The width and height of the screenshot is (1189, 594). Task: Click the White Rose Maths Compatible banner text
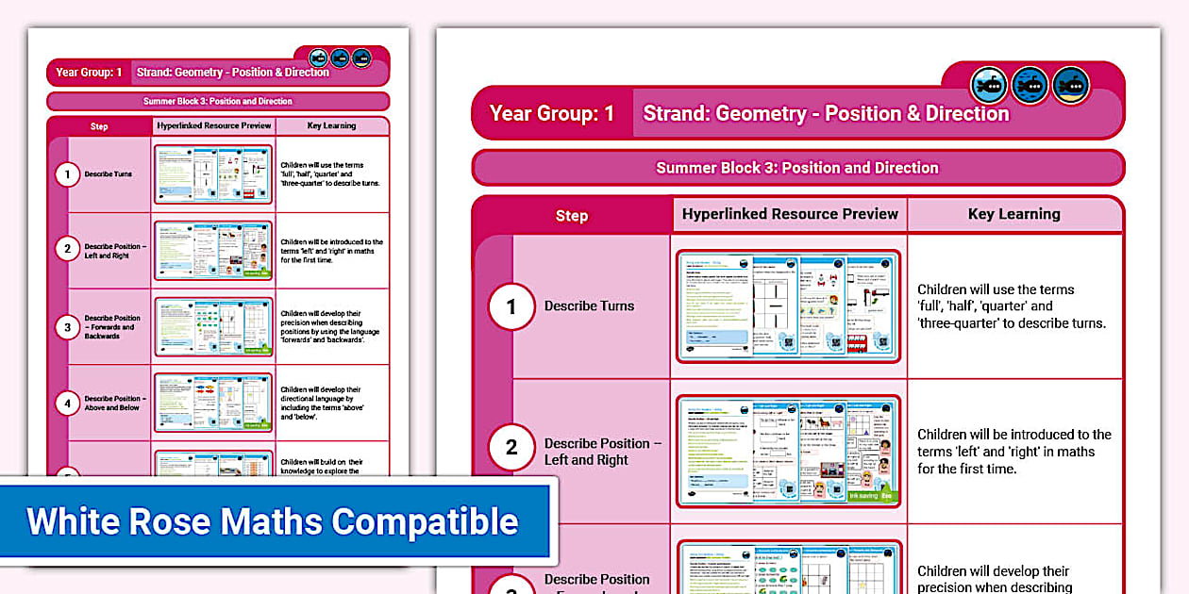[272, 521]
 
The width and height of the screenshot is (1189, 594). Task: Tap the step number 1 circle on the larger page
[511, 306]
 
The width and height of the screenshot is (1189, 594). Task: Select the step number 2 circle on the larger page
[511, 447]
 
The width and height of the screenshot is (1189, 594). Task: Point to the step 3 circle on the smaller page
[67, 326]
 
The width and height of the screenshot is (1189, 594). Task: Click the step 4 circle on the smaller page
[67, 403]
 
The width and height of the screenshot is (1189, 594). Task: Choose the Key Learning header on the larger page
[1013, 214]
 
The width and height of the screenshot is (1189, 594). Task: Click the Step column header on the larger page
[571, 216]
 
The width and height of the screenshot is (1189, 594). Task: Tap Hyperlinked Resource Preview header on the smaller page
[212, 125]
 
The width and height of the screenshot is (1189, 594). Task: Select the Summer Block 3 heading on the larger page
[797, 168]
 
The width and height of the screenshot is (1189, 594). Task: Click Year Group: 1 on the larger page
[552, 114]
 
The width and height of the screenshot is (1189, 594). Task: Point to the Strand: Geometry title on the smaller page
[233, 73]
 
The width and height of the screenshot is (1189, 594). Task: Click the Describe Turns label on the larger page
[589, 305]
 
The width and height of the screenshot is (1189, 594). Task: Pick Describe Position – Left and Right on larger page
[602, 452]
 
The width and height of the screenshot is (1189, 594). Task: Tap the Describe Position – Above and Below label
[113, 403]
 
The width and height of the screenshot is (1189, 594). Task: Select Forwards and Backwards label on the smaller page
[113, 326]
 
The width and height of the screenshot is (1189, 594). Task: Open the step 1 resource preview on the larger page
[788, 305]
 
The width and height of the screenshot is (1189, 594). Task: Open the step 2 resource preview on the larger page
[788, 451]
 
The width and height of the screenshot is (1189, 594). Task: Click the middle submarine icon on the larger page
[1030, 86]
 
